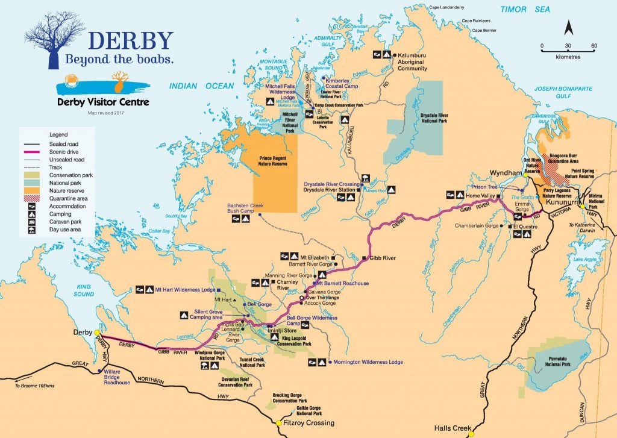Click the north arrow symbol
(568, 28)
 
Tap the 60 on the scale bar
(594, 46)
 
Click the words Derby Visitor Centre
(102, 102)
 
